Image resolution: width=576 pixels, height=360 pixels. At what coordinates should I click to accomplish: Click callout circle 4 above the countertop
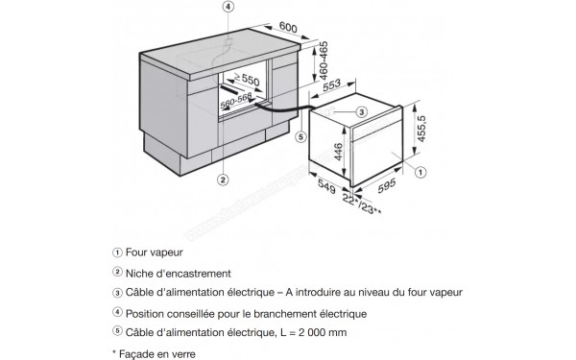pyautogui.click(x=228, y=8)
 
